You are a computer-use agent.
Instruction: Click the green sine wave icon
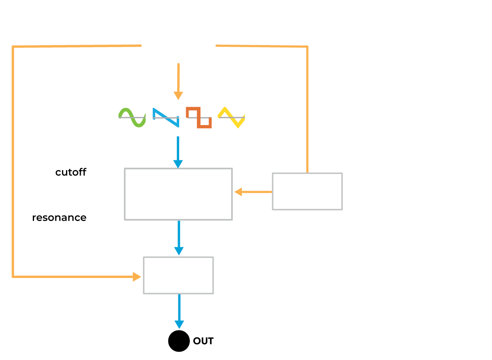[132, 117]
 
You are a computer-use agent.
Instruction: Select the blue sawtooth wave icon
[166, 117]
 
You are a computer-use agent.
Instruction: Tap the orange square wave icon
[199, 117]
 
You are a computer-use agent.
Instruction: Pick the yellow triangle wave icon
[231, 117]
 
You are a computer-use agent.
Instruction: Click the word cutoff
[71, 172]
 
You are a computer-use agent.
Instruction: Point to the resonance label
[59, 218]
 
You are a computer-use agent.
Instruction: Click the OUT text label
[203, 341]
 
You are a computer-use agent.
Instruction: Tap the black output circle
[179, 341]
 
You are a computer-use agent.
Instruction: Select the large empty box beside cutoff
[178, 194]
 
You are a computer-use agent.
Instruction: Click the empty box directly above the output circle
[178, 275]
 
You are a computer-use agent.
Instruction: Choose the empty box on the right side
[307, 191]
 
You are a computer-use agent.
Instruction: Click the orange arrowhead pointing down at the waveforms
[178, 96]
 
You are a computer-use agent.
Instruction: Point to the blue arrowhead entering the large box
[178, 164]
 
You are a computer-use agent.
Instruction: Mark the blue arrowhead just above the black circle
[179, 324]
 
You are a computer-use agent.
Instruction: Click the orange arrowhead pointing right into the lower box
[137, 277]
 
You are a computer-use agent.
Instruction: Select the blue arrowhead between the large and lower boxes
[179, 251]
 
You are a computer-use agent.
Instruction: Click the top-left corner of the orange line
[14, 47]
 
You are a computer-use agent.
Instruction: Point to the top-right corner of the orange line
[307, 47]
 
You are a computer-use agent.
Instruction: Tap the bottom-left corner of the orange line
[14, 277]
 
